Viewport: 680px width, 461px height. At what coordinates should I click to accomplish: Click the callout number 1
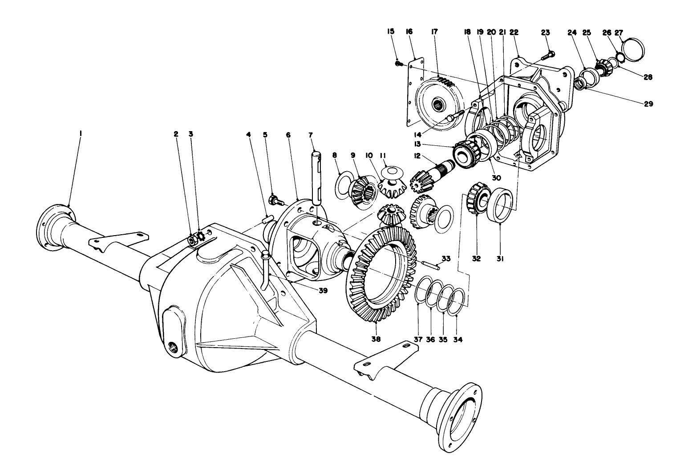click(x=81, y=133)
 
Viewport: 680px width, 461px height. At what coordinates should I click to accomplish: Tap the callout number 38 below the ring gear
click(x=376, y=339)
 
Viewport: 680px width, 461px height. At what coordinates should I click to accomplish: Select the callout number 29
click(x=648, y=104)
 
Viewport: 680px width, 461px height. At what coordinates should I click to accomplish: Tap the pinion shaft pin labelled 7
click(x=316, y=178)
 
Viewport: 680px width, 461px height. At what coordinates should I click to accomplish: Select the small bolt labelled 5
click(x=275, y=200)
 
